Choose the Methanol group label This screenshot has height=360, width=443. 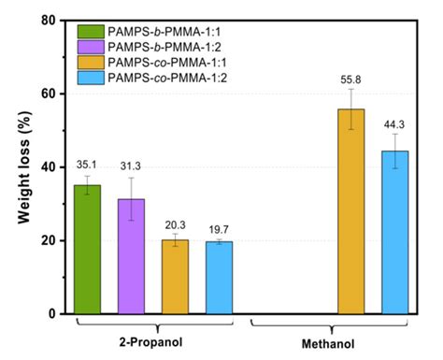[329, 345]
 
